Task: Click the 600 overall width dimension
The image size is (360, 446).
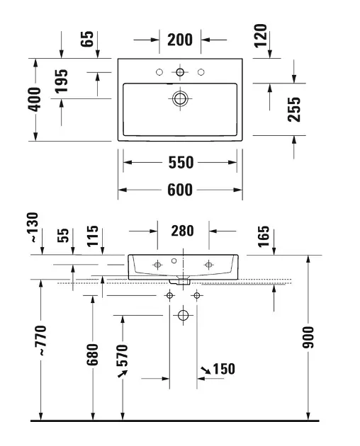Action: [180, 190]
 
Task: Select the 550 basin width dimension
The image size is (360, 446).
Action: [181, 162]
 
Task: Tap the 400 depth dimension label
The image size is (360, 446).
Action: [35, 99]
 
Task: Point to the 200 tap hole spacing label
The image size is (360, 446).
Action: [180, 40]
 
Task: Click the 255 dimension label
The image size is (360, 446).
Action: [294, 110]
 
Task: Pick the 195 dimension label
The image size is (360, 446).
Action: [62, 81]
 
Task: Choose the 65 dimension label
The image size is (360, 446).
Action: [87, 39]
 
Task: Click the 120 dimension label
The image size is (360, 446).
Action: [261, 35]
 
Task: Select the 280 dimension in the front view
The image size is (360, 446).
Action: [182, 231]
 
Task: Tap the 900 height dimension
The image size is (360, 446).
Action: [308, 338]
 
